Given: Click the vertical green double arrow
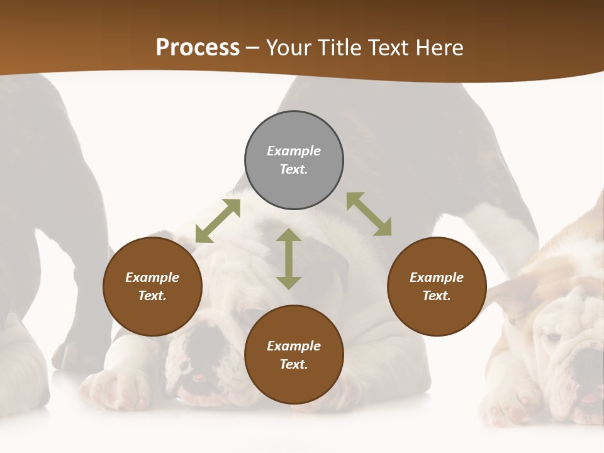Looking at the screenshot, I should tap(289, 259).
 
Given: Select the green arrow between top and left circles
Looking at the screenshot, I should tap(218, 221).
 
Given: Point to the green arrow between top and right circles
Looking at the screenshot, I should tap(369, 214).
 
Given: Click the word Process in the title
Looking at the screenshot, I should tap(198, 47).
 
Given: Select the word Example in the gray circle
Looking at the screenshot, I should tap(294, 151).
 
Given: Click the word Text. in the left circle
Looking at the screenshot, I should tap(152, 296).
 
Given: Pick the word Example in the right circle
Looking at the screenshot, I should tap(437, 277).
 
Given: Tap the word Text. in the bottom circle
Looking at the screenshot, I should tap(294, 364).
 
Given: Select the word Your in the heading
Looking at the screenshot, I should tap(288, 47).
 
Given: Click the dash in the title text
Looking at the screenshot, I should tap(253, 48).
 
